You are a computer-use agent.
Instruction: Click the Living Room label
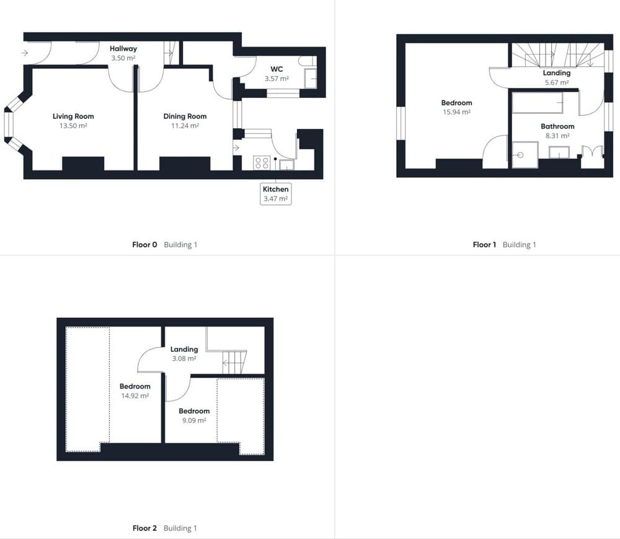click(73, 116)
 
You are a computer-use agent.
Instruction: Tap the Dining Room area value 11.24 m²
click(185, 126)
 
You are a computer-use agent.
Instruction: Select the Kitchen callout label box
click(276, 194)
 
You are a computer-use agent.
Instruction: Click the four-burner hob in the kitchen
click(262, 163)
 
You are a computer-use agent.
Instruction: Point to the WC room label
click(277, 69)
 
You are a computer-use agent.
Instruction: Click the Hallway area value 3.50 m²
click(123, 58)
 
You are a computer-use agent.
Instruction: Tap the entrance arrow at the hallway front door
click(25, 53)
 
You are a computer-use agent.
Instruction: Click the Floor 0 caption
click(144, 245)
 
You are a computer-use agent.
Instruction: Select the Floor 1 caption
click(484, 245)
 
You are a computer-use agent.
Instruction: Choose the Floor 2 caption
click(144, 528)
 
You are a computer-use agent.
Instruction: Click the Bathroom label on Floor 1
click(557, 126)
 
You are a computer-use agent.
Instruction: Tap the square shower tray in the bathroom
click(525, 155)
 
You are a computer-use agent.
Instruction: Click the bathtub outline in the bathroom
click(538, 103)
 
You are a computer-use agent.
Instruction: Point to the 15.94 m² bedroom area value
click(457, 112)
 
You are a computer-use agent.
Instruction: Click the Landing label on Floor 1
click(557, 72)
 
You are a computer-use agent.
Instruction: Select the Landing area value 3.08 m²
click(184, 359)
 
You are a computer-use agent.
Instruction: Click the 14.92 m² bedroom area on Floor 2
click(135, 395)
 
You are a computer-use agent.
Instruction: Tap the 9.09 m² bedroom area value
click(194, 421)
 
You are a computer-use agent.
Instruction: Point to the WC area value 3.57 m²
click(277, 78)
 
